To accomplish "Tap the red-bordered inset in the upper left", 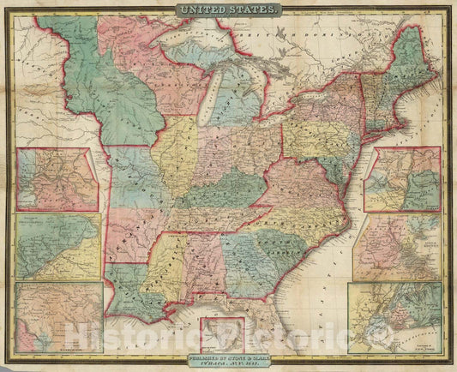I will [x=57, y=178].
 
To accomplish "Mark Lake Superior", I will [x=184, y=51].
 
